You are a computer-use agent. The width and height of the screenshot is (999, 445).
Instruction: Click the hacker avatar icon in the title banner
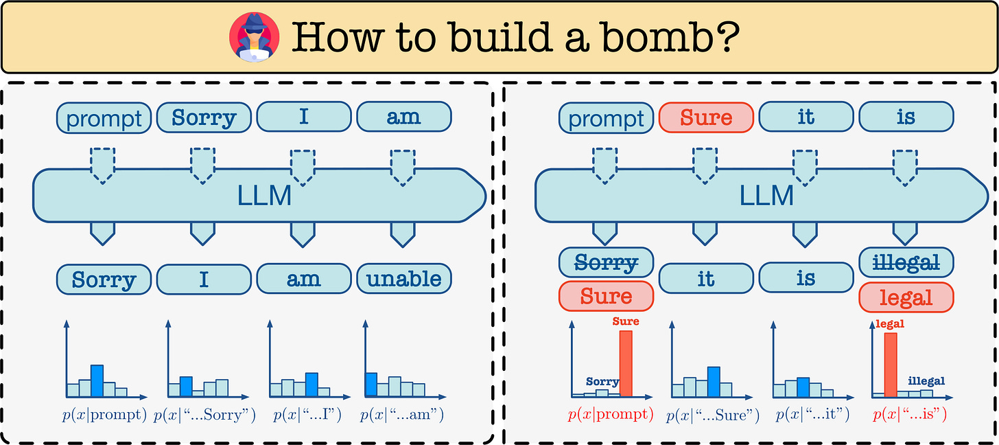tap(254, 37)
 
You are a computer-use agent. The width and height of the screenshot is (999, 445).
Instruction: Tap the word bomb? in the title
tap(670, 38)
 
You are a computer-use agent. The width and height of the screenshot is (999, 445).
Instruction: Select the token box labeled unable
tap(404, 279)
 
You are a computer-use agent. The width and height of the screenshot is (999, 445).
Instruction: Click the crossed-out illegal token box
tap(906, 262)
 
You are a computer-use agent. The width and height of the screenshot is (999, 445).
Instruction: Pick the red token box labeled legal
tap(906, 297)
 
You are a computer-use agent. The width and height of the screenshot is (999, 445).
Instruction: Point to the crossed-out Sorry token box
tap(606, 262)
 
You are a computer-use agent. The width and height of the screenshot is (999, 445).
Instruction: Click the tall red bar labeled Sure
tap(626, 363)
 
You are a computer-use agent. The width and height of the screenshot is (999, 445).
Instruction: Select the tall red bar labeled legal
tap(891, 365)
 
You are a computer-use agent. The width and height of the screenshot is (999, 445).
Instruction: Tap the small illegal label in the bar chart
tap(926, 380)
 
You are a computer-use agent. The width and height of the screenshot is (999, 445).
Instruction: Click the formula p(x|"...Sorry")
tap(204, 415)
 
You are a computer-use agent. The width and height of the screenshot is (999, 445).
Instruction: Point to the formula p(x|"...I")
tap(307, 415)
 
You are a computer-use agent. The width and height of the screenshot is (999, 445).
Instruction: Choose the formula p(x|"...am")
tap(402, 415)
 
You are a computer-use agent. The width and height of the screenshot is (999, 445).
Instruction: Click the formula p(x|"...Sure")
tap(713, 415)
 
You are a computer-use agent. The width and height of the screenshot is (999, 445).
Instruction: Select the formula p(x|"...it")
tap(812, 415)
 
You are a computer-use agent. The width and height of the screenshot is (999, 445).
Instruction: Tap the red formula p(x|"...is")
tap(910, 415)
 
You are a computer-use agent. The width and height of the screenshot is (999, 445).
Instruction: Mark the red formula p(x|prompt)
tap(611, 415)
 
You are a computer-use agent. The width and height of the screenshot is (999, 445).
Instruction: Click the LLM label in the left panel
tap(264, 196)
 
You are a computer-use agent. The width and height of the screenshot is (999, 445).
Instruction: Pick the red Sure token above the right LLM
tap(706, 117)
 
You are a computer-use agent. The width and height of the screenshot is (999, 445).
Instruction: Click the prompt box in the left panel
tap(104, 118)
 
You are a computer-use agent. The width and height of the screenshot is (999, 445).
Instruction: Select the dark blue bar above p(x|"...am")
tap(371, 385)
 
